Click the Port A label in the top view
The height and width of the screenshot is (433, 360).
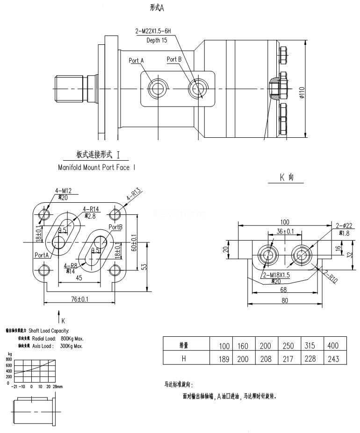[x=136, y=61]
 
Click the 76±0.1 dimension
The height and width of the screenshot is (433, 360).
[x=78, y=299]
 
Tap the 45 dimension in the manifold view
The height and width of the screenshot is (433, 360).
[x=79, y=278]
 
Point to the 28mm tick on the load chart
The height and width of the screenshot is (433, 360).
[x=58, y=387]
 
